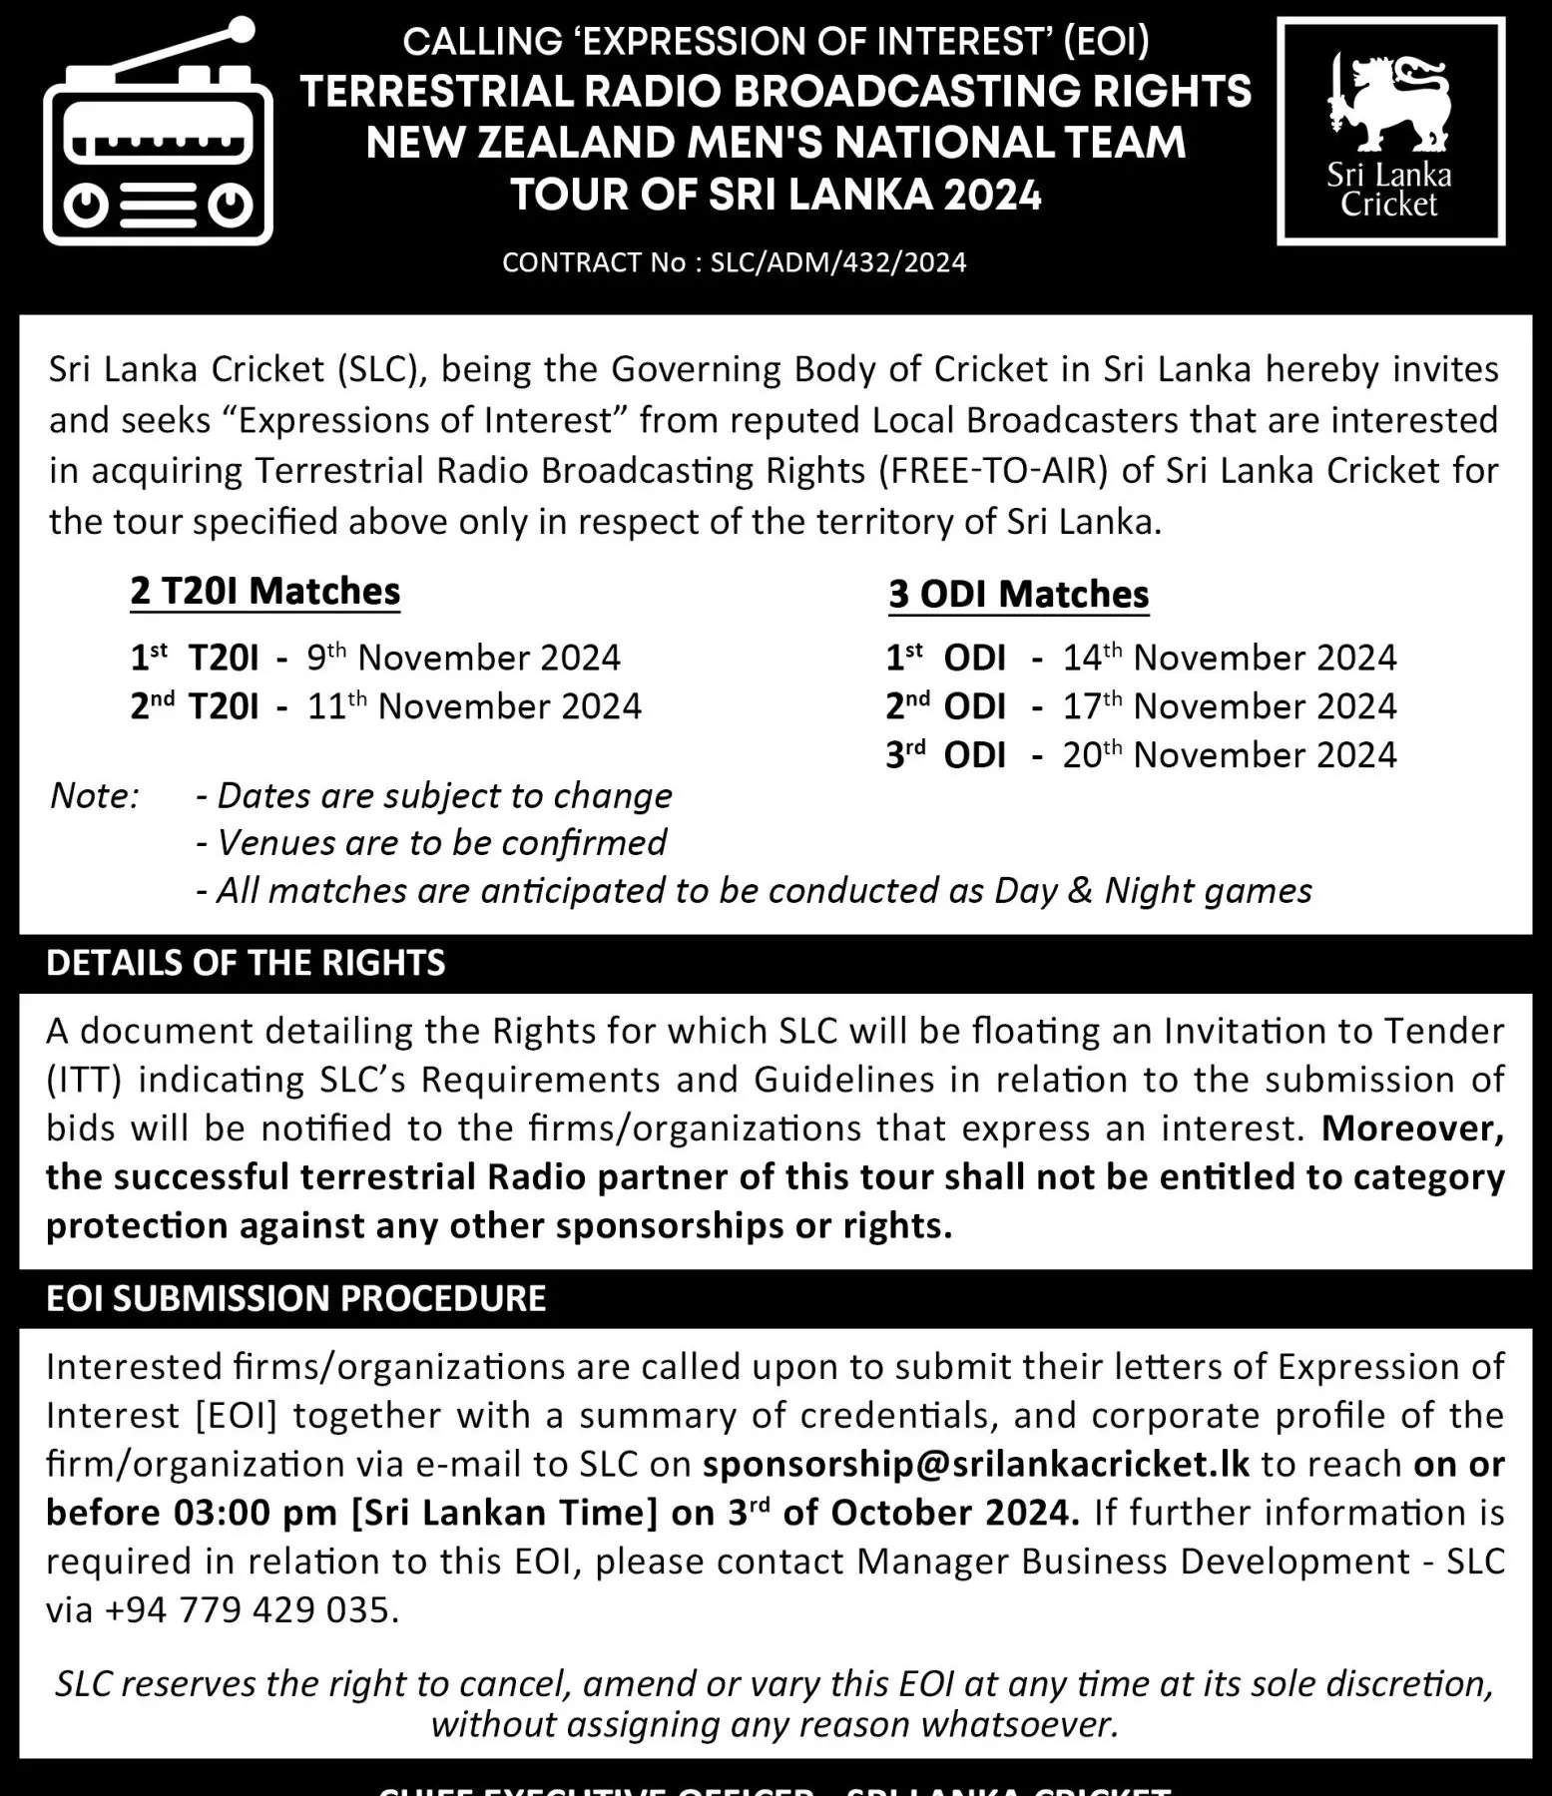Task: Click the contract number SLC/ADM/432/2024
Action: [x=837, y=262]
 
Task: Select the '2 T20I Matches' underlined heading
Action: [x=264, y=592]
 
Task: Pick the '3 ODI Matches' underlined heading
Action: [x=1018, y=595]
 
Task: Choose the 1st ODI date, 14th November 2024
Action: [x=1229, y=658]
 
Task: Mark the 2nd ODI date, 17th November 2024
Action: [x=1229, y=706]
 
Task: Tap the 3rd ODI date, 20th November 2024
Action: [x=1229, y=755]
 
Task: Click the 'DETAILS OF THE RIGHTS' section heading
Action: [x=246, y=963]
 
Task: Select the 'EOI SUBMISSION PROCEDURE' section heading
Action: [x=295, y=1299]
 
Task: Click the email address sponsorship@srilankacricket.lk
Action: [x=975, y=1464]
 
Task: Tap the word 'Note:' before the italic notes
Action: [x=94, y=795]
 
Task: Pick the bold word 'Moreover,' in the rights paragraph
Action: [x=1412, y=1128]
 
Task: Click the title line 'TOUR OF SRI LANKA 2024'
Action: [x=776, y=195]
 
